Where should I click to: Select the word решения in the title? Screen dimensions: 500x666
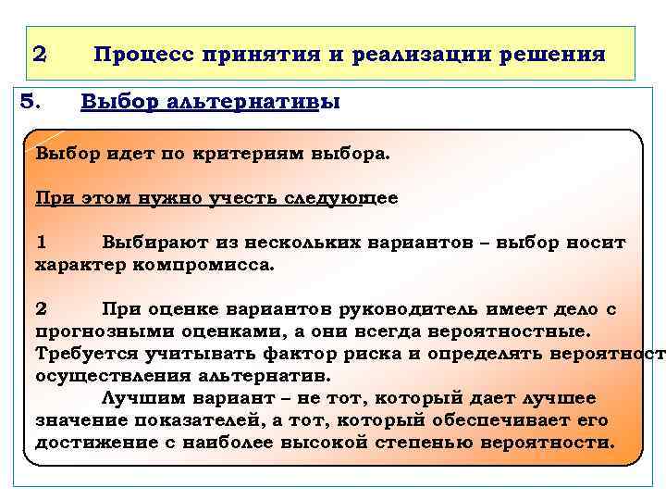[552, 55]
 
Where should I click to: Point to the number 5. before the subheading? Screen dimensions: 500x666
[31, 101]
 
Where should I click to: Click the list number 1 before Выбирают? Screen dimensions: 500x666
[41, 243]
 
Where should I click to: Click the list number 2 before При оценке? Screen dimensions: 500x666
[41, 308]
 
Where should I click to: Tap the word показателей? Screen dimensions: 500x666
[172, 419]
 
